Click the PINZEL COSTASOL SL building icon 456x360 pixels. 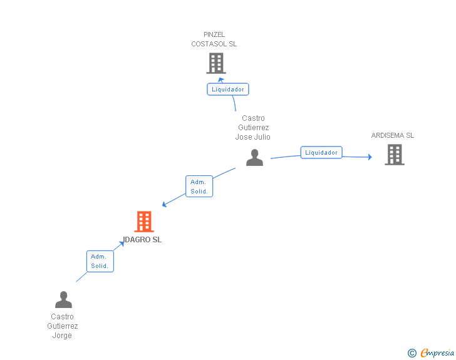click(x=215, y=63)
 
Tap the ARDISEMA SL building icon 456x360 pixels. click(x=394, y=155)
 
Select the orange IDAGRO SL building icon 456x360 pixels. click(x=144, y=222)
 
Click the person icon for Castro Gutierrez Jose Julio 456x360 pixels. click(x=254, y=158)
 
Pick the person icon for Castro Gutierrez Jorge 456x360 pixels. click(x=63, y=300)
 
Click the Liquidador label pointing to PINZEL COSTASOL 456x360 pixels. click(x=228, y=90)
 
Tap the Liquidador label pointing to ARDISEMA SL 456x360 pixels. click(x=321, y=153)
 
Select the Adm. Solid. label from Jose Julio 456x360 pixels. click(x=199, y=187)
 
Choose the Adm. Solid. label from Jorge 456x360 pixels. click(x=100, y=261)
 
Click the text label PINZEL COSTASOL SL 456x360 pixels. click(x=214, y=39)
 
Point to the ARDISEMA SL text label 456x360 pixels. click(x=393, y=135)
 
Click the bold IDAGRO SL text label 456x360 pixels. click(x=143, y=240)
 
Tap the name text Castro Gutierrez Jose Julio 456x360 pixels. click(x=253, y=128)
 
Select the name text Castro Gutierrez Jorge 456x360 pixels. click(x=63, y=326)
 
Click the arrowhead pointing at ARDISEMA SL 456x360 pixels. click(x=370, y=157)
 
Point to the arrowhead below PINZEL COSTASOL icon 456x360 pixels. click(x=220, y=80)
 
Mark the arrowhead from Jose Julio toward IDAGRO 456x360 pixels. click(x=164, y=204)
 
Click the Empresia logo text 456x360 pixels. click(x=437, y=353)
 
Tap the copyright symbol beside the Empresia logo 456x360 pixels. click(x=412, y=353)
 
